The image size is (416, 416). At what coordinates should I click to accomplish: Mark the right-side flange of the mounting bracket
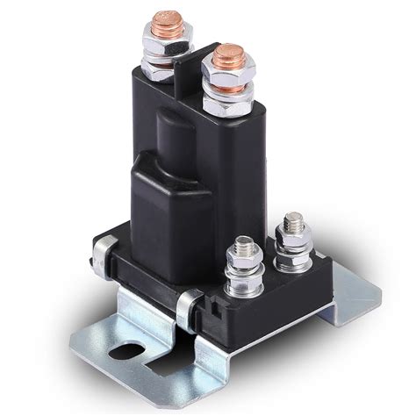pos(355,290)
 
